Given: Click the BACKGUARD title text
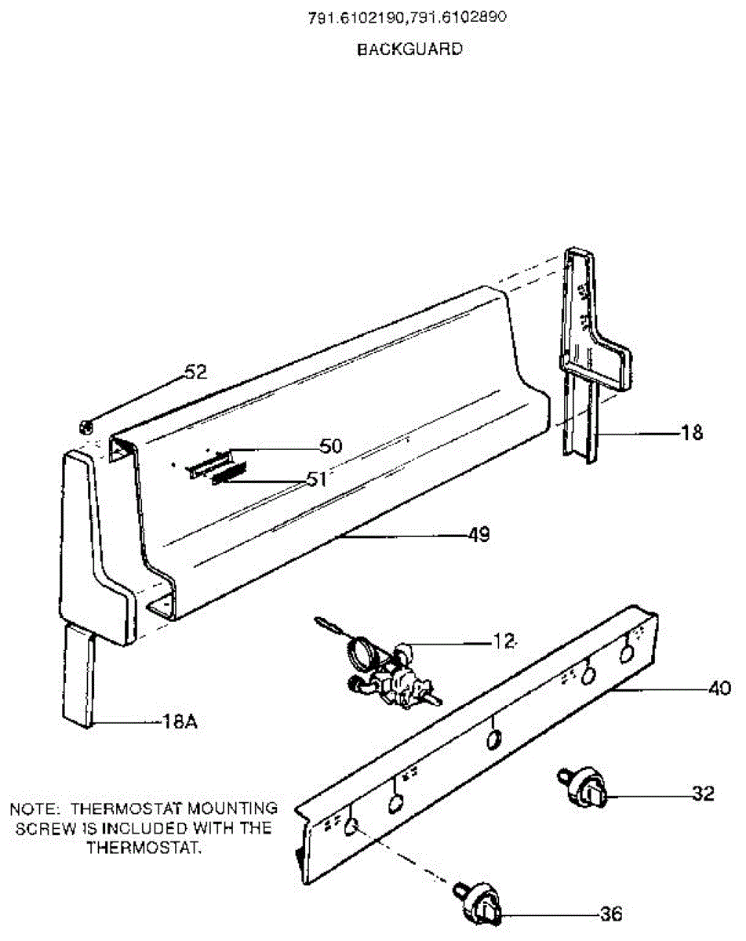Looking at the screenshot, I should pos(409,49).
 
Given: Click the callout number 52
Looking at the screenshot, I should pos(195,372).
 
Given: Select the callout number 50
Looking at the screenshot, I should pos(331,446).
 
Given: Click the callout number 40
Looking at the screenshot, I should pos(718,689).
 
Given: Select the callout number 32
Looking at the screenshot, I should pos(703,794).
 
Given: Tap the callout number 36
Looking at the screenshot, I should pos(611,914).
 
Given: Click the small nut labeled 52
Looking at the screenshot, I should pos(86,427).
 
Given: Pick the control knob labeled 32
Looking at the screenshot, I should pos(584,787).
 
